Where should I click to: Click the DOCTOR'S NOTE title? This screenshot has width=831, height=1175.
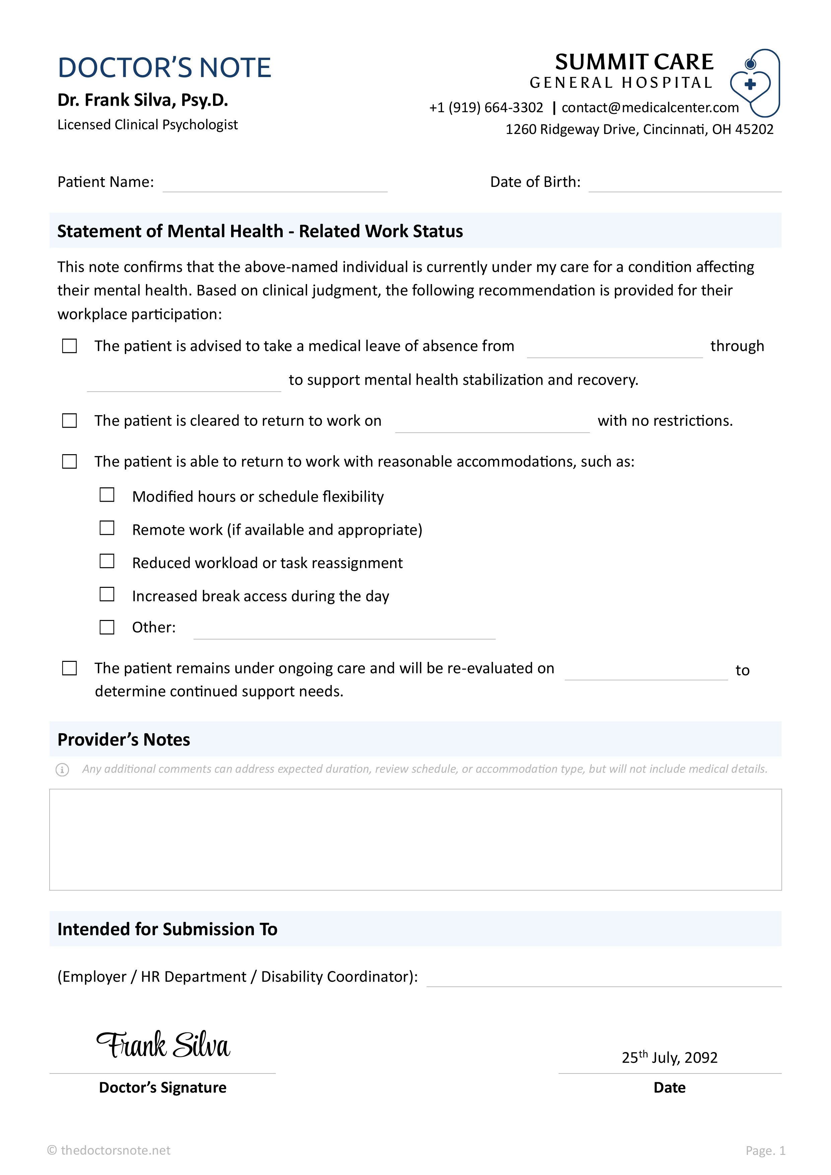[164, 68]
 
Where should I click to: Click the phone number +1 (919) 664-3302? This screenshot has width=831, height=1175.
[486, 108]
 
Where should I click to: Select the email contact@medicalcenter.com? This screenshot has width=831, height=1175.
[650, 108]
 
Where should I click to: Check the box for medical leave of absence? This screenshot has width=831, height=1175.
[70, 346]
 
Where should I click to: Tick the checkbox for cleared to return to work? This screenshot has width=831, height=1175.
[70, 421]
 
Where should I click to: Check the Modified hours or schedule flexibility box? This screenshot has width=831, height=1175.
[107, 495]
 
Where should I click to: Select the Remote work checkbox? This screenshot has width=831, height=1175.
[107, 528]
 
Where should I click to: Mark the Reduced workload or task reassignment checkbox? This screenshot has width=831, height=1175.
[107, 561]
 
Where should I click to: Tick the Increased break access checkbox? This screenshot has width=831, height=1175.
[107, 595]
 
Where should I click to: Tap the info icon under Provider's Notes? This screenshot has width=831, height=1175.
[62, 770]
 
